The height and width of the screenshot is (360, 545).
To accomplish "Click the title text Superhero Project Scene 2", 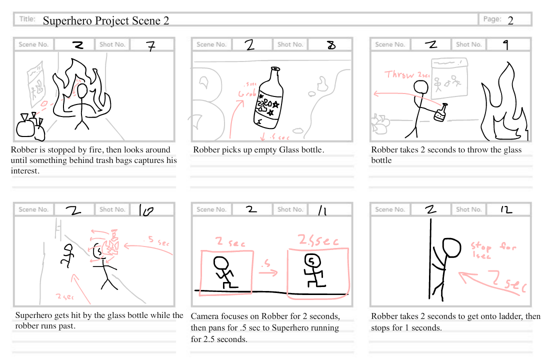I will point(105,20).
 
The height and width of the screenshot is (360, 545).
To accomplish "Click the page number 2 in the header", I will point(510,20).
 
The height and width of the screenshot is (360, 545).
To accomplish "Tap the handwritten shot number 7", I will point(150,45).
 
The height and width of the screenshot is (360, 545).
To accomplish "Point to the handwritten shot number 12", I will point(506,210).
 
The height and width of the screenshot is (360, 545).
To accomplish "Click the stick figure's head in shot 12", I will point(452,247).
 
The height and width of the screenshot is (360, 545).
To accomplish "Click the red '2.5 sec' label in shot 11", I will point(317,240).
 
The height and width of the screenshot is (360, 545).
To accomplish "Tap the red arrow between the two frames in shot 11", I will point(269,272).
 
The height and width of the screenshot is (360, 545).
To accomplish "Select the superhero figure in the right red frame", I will point(313,270).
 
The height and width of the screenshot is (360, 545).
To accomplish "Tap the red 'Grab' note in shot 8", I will point(248,93).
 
